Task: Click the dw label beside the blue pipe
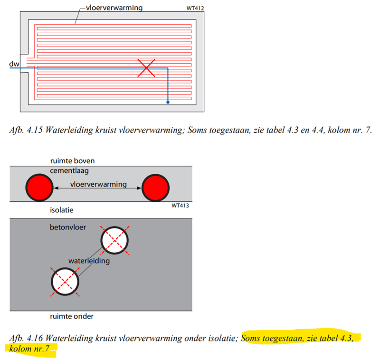[x=13, y=63]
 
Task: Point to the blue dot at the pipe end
[x=168, y=102]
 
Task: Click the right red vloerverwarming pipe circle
[x=155, y=188]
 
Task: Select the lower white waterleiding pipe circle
[x=65, y=282]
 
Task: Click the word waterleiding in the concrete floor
[x=89, y=261]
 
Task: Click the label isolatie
[x=61, y=209]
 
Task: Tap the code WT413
[x=181, y=206]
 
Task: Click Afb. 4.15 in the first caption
[x=24, y=129]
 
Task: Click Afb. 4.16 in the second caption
[x=24, y=338]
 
